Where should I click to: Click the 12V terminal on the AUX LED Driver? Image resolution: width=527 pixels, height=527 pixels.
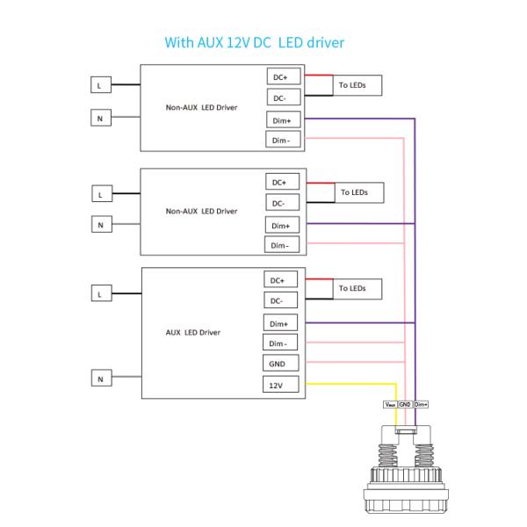[277, 384]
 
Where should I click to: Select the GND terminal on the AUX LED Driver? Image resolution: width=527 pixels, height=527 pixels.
[277, 364]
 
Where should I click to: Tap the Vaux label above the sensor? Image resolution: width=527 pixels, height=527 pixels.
[390, 404]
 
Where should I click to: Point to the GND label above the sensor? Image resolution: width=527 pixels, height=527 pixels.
[405, 404]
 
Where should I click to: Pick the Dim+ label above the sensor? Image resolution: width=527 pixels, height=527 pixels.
[420, 404]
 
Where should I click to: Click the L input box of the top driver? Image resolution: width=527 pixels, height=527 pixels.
[101, 85]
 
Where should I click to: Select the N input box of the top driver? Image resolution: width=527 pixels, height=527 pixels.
[101, 117]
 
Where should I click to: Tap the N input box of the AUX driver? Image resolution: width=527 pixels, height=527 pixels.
[101, 379]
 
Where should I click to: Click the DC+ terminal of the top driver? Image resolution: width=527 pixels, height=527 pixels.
[280, 76]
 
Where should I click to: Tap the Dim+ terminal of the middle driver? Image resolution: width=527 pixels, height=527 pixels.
[280, 224]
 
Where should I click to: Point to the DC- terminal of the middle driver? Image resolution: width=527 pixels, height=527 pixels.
[280, 203]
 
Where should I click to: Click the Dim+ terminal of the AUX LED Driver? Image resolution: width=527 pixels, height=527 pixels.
[277, 322]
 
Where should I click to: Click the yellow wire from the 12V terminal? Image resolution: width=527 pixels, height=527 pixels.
[351, 384]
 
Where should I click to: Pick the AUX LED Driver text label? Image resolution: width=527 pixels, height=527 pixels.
[193, 333]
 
